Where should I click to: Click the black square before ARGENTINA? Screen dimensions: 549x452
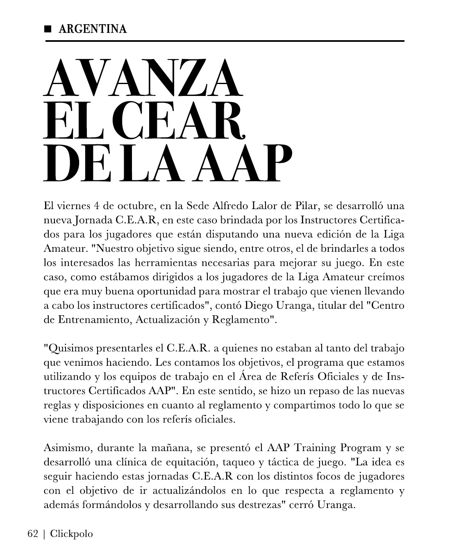(48, 29)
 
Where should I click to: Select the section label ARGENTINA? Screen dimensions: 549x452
(93, 29)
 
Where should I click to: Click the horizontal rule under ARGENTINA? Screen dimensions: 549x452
(225, 41)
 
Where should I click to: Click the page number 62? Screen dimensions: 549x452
(33, 534)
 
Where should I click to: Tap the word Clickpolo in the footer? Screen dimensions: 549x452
(72, 534)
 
